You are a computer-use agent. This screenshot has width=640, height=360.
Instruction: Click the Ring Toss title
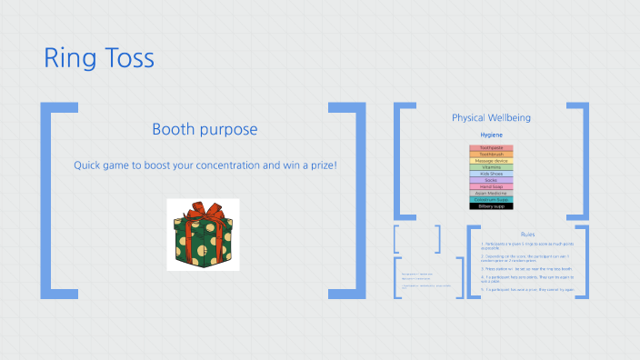coord(99,59)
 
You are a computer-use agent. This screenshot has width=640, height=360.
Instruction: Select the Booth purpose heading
coord(205,130)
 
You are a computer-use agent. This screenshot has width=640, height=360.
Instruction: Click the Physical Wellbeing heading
coord(491,118)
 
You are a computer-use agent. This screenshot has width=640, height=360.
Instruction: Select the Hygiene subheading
coord(491,135)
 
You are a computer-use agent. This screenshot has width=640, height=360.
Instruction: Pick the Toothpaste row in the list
coord(491,148)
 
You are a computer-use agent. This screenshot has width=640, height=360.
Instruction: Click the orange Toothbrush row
coord(491,155)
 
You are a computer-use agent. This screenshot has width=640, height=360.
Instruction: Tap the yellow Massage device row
coord(491,161)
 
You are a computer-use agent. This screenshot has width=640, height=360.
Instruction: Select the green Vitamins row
coord(491,167)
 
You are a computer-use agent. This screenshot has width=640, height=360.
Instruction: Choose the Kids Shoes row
coord(491,174)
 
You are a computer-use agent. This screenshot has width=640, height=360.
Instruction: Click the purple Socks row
coord(491,180)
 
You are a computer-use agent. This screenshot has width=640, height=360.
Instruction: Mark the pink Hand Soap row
coord(491,186)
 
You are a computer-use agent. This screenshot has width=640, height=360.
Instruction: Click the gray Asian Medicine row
coord(491,193)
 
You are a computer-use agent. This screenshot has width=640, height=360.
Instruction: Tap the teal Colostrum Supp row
coord(491,199)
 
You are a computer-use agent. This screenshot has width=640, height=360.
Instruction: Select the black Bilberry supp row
coord(491,206)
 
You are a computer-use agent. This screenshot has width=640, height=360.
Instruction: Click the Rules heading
coord(527,235)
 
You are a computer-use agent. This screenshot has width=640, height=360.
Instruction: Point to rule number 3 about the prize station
coord(527,269)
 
